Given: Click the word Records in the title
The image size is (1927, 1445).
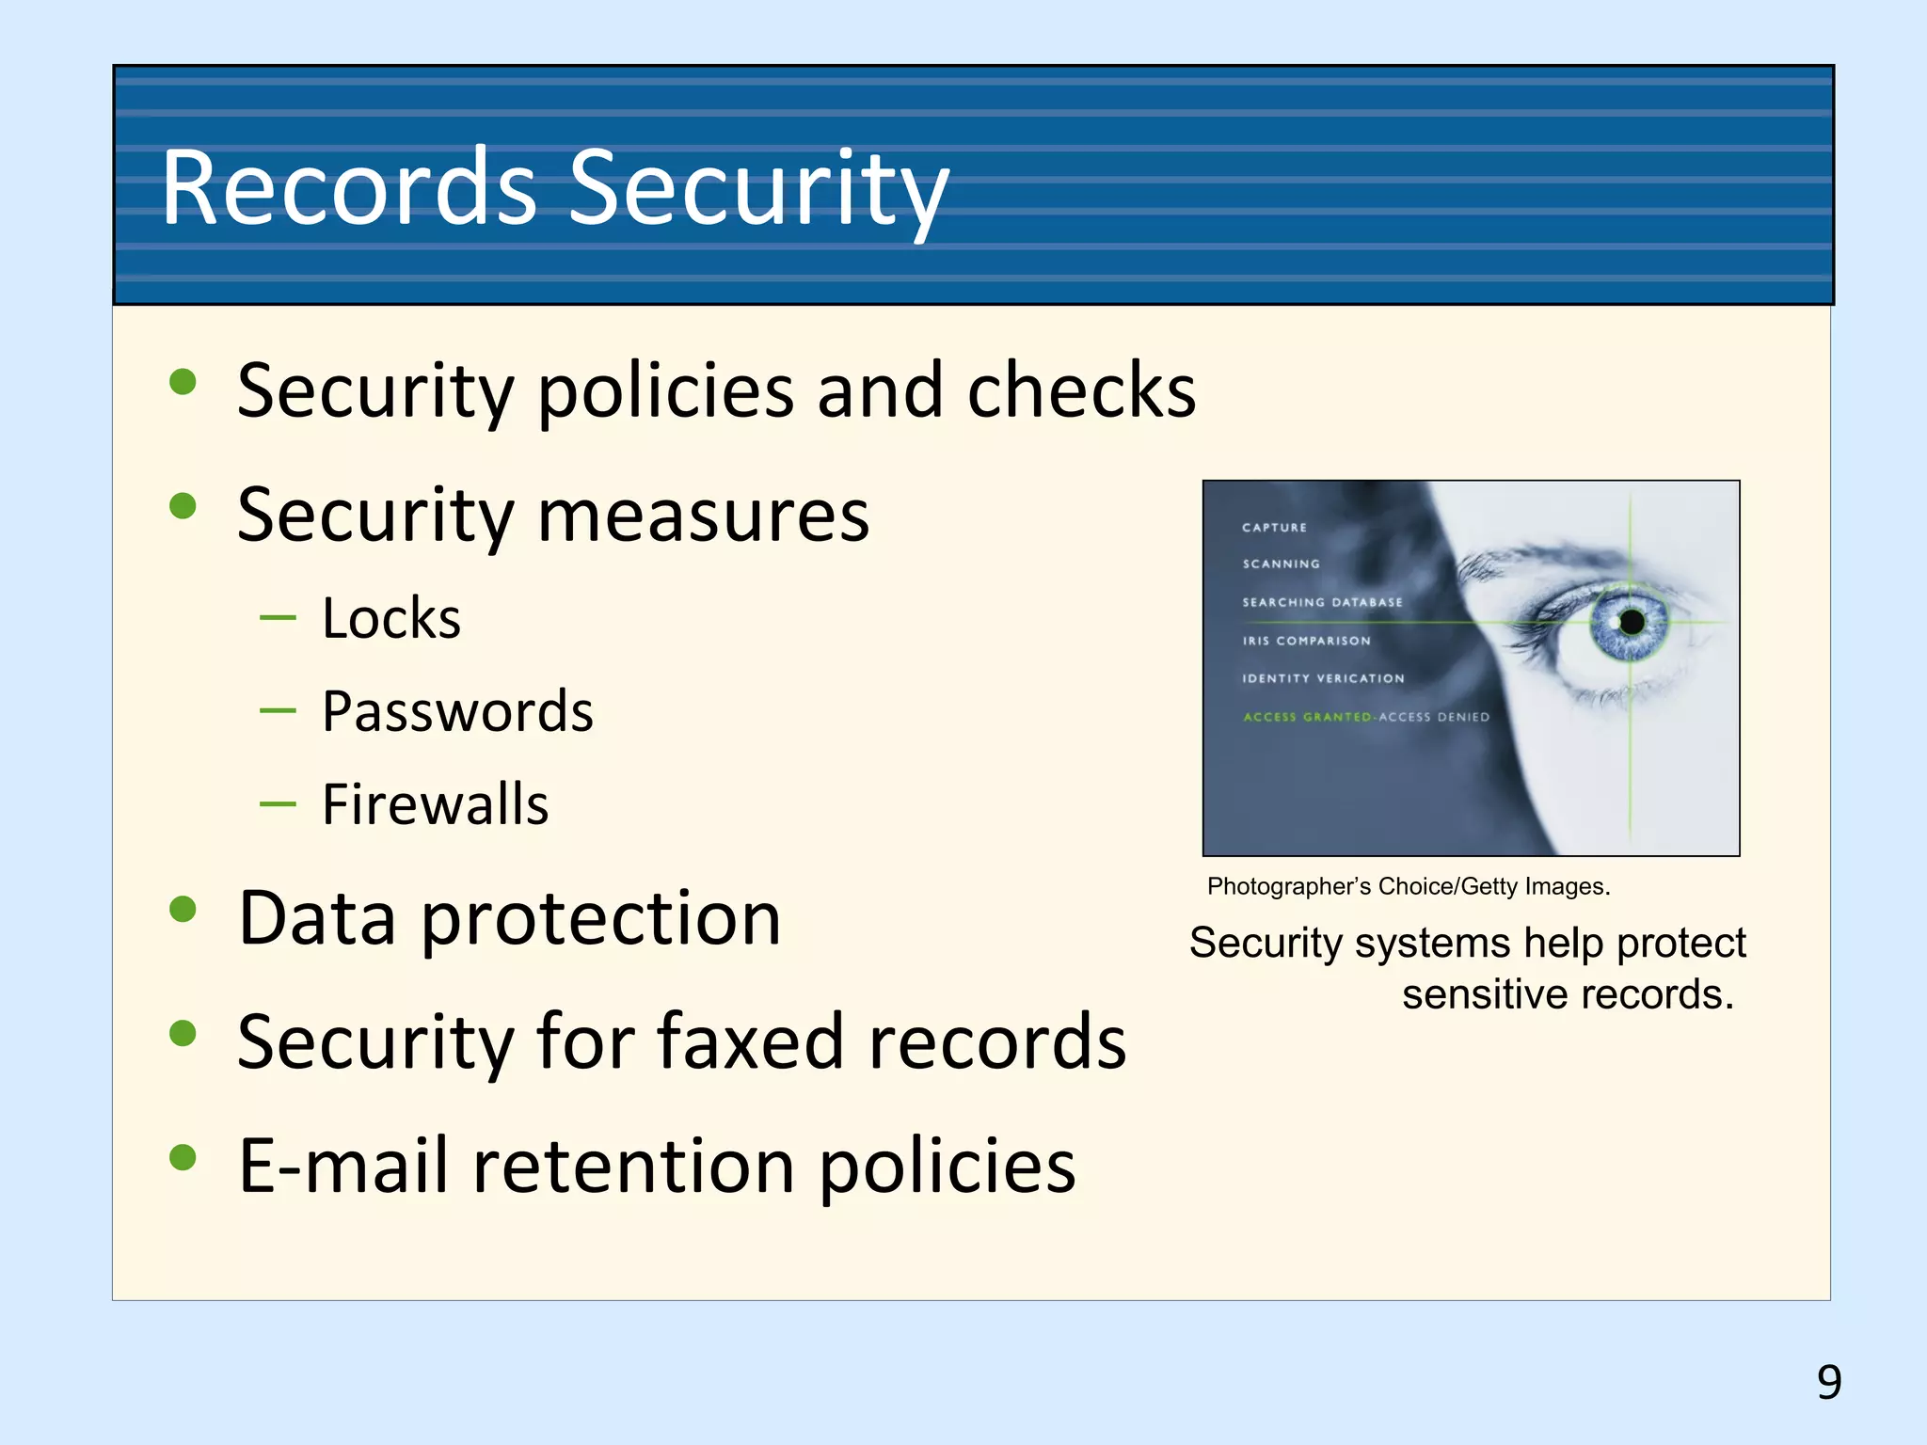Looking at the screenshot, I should click(348, 188).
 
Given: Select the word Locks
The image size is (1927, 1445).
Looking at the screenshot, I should click(391, 619).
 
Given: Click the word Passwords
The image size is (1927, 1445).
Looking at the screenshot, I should click(457, 711).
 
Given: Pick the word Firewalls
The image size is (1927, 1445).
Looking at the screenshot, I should click(435, 804).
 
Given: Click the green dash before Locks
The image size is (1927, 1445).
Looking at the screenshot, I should click(278, 618).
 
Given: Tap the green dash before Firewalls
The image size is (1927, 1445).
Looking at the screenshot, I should click(278, 804).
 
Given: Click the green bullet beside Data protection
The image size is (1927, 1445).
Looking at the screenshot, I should click(183, 909).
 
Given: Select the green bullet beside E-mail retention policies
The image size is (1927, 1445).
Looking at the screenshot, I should click(183, 1157).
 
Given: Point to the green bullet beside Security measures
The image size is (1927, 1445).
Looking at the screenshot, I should click(183, 507).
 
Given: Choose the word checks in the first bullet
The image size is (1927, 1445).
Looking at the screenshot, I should click(1081, 390).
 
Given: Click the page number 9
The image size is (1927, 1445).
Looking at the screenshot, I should click(1828, 1382).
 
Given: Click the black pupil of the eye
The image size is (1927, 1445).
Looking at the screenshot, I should click(1632, 622).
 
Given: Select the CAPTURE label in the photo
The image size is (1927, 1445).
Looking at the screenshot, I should click(1274, 528).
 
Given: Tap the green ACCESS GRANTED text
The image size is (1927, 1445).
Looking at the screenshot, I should click(1307, 717).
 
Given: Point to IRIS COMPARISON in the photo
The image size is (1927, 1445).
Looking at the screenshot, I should click(1306, 641).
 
